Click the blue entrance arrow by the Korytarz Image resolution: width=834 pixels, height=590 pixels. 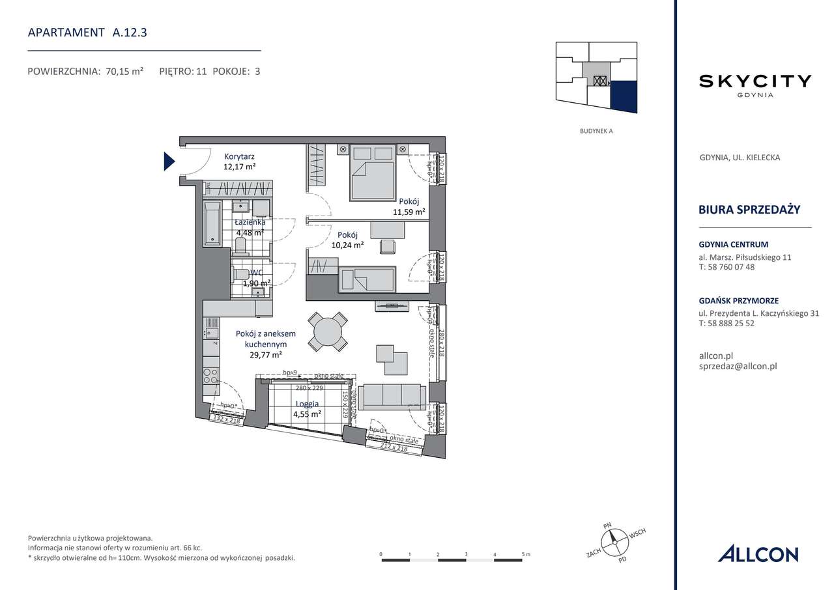click(169, 161)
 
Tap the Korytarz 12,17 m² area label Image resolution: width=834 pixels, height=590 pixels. click(239, 162)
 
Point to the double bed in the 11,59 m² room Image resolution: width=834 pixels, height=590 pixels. click(373, 175)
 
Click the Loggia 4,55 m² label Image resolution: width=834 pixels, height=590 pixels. click(306, 408)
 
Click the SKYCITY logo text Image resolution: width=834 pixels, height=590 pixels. click(755, 81)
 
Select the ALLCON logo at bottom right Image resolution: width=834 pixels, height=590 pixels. click(758, 554)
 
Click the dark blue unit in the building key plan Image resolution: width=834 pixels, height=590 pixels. click(624, 96)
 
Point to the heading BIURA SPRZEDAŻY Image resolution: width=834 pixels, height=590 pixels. click(749, 209)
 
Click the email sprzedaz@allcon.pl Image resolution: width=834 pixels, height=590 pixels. click(737, 366)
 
